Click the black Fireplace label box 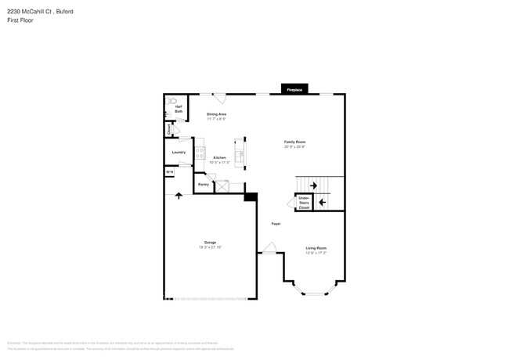[x=294, y=90]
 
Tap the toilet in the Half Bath [x=173, y=100]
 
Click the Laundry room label [x=179, y=153]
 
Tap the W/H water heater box [x=169, y=172]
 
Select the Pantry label [x=203, y=185]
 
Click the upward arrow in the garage [x=179, y=195]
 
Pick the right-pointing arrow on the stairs [x=314, y=185]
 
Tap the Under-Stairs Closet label [x=304, y=203]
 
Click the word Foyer [x=276, y=224]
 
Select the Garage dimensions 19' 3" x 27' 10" [x=210, y=247]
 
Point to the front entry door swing [x=269, y=248]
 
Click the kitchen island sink [x=242, y=157]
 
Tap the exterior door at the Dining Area [x=220, y=99]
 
